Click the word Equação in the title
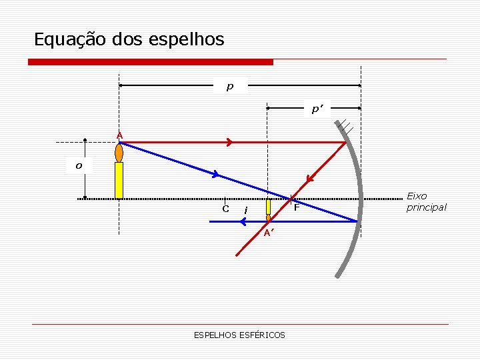62,40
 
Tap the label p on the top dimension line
230,86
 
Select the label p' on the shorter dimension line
317,109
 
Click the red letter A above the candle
119,136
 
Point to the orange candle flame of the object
119,153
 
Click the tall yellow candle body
119,180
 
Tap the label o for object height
79,165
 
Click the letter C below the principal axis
226,209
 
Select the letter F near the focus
297,209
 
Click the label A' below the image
268,233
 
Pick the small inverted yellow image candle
268,207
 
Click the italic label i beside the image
247,210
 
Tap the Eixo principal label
426,201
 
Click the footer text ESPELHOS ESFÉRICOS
239,335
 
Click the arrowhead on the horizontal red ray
229,142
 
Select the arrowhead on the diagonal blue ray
215,175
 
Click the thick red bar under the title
151,62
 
